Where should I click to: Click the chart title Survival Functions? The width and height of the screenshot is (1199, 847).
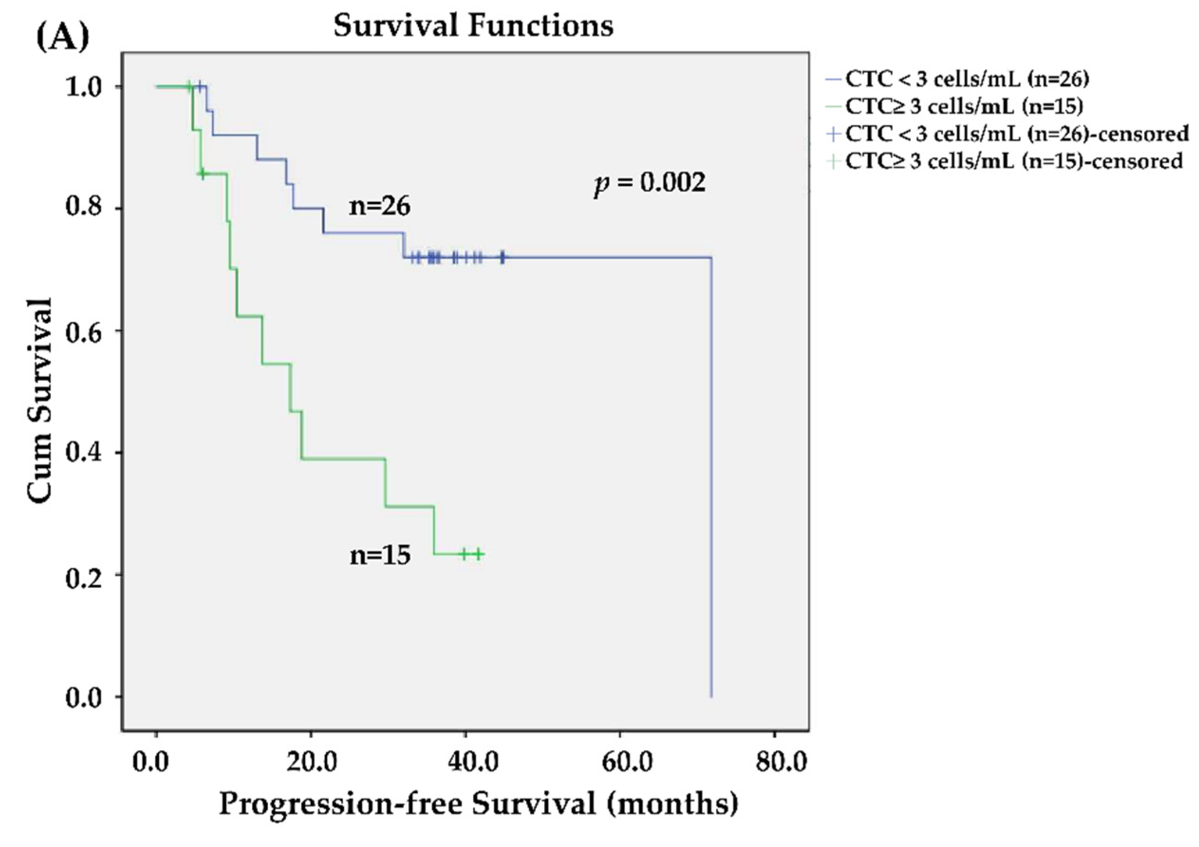[473, 26]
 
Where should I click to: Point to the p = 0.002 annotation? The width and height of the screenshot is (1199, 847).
[650, 183]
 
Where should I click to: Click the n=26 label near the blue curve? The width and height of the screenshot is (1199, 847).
[380, 206]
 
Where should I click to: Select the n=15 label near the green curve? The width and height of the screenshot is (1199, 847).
[380, 555]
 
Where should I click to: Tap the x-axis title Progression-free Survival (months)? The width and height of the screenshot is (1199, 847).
[478, 804]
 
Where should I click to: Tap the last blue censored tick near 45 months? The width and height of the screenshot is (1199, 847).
[502, 257]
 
